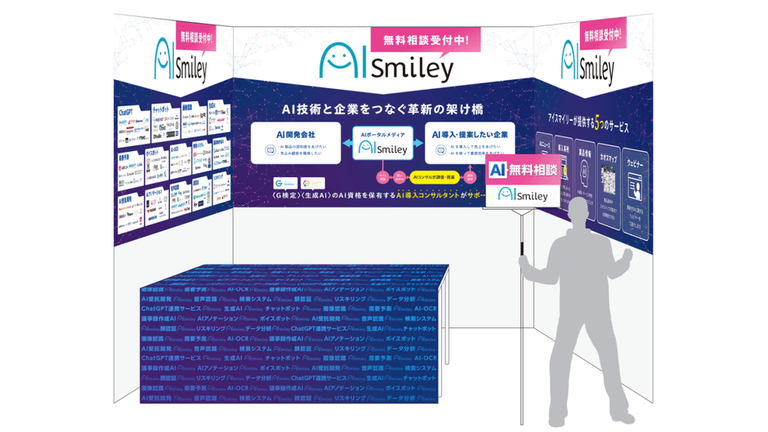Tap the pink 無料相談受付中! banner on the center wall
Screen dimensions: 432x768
(x=425, y=38)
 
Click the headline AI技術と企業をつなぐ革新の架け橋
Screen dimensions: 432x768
(x=383, y=109)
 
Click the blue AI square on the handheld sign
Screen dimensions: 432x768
(x=498, y=171)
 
